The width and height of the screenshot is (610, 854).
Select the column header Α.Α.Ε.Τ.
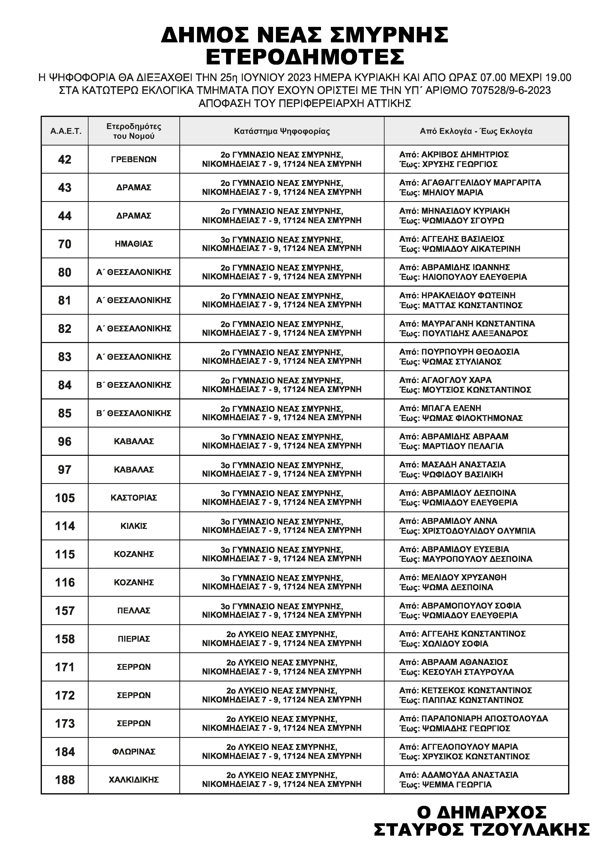[66, 131]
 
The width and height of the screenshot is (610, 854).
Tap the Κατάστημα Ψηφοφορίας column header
[282, 131]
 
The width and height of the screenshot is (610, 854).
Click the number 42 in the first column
[65, 160]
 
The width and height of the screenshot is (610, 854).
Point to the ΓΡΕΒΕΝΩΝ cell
[134, 159]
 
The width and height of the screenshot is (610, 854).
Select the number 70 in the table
[65, 244]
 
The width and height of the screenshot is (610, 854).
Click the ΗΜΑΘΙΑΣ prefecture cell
[134, 244]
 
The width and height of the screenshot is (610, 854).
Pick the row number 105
[65, 498]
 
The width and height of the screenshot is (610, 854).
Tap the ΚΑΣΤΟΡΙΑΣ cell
[134, 498]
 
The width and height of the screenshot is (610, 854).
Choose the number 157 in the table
[65, 611]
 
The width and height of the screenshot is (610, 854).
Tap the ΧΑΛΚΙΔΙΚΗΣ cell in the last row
[134, 780]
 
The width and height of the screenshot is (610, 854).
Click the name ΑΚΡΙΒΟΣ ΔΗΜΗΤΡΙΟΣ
[465, 155]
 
